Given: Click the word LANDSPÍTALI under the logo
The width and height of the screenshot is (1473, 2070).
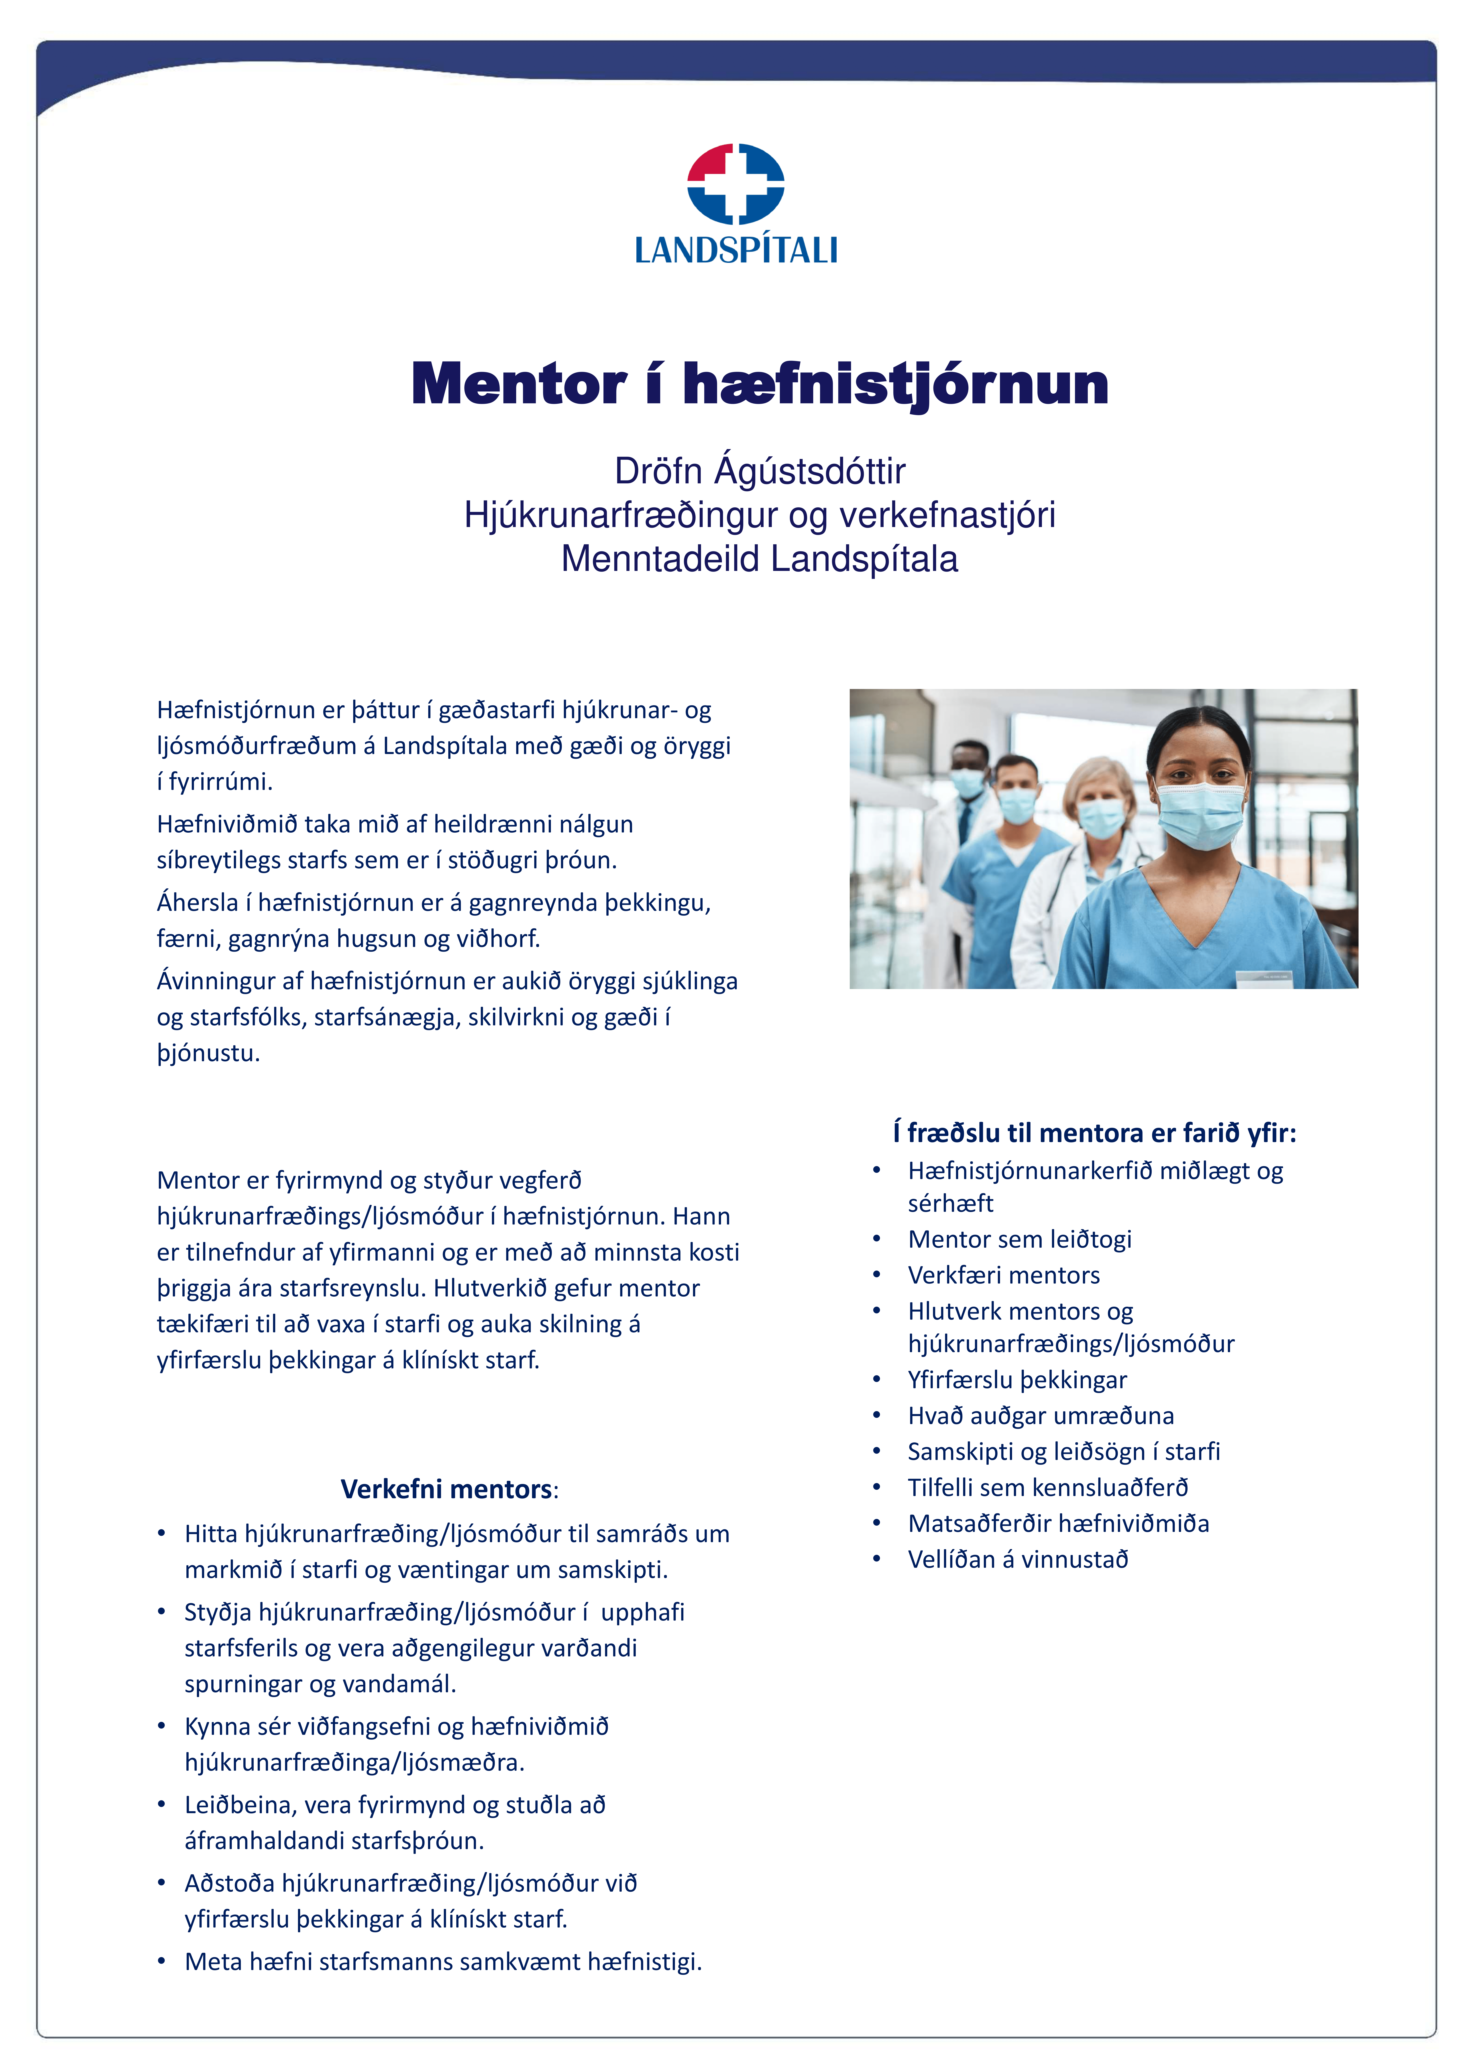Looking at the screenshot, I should (x=735, y=250).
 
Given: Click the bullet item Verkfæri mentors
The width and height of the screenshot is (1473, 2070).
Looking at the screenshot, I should (x=1003, y=1275).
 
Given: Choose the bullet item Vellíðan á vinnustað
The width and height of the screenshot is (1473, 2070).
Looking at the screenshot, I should (x=1018, y=1559).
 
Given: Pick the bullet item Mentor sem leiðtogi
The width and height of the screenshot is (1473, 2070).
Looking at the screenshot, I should (x=1019, y=1239).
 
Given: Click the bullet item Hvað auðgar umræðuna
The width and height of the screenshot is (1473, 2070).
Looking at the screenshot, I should (x=1040, y=1416).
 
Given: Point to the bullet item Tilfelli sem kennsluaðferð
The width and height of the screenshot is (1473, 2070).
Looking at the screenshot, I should (x=1048, y=1488).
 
